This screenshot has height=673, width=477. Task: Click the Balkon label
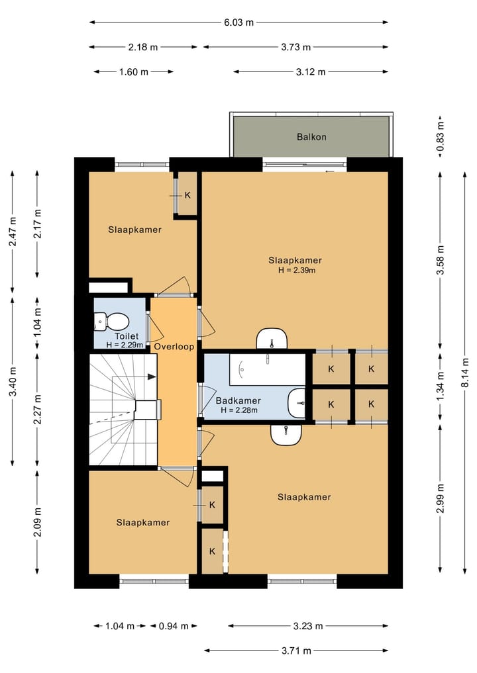[x=311, y=137]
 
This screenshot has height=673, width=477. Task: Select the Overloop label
[x=174, y=346]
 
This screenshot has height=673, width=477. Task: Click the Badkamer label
[x=238, y=400]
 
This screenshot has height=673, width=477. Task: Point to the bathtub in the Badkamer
[x=267, y=369]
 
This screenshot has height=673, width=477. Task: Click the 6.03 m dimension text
[x=239, y=22]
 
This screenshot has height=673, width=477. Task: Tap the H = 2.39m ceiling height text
[x=297, y=271]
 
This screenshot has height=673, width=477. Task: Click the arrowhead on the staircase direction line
[x=152, y=377]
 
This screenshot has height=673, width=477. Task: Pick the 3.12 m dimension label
[x=311, y=71]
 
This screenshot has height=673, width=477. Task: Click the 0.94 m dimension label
[x=174, y=626]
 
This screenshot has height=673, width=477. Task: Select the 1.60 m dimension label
[x=134, y=71]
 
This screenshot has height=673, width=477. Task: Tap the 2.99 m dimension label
[x=440, y=498]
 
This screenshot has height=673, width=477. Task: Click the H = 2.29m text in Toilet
[x=125, y=345]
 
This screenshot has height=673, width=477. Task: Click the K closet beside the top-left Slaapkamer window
[x=187, y=195]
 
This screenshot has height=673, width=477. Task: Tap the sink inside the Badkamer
[x=297, y=403]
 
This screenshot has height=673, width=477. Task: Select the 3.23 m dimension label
[x=308, y=626]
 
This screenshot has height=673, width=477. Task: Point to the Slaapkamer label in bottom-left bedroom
[x=143, y=522]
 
